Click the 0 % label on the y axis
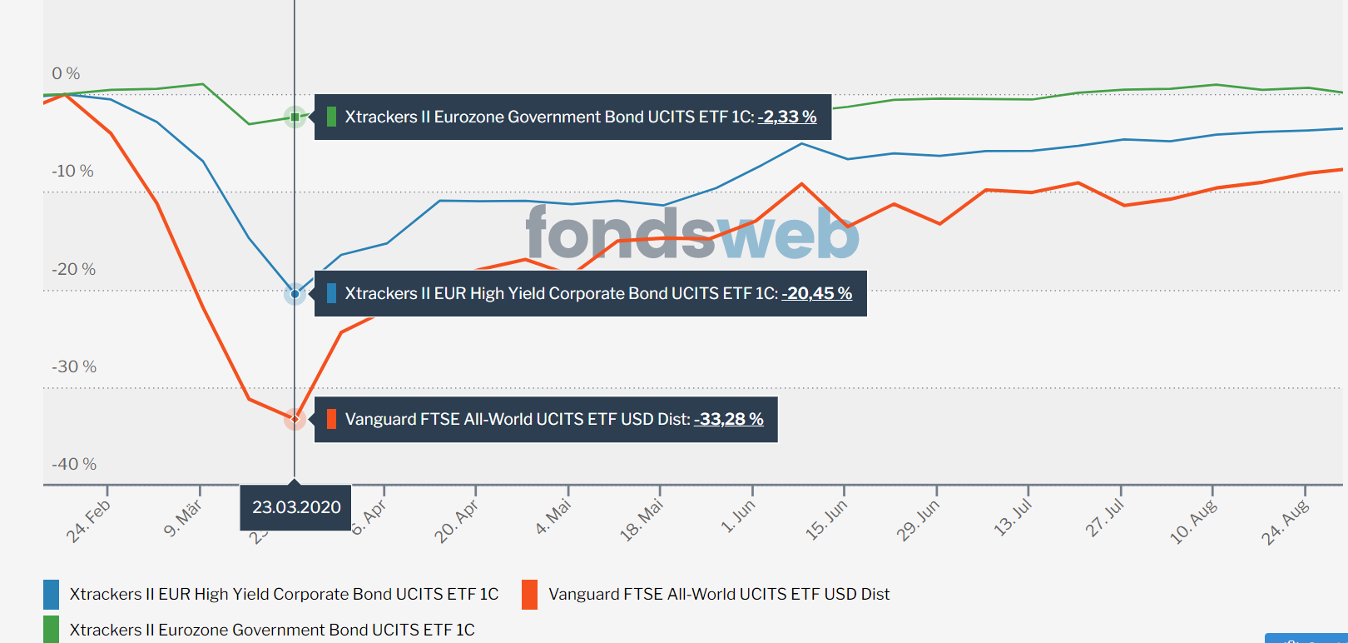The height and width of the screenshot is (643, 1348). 66,74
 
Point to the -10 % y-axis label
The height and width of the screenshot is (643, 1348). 72,172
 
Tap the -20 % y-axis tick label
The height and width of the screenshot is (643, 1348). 73,270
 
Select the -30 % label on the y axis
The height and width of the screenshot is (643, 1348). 74,367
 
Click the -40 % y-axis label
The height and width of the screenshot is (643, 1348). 74,465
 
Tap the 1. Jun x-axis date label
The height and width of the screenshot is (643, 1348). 738,517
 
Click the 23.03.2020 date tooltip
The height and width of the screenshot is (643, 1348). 296,507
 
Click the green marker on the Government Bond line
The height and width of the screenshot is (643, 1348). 295,117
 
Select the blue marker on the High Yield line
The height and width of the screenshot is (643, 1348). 295,293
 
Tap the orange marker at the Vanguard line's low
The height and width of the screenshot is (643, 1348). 295,418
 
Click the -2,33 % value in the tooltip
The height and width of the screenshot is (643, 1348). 786,117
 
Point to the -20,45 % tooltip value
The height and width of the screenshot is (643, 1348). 816,294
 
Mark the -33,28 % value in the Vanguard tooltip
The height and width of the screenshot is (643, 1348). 728,420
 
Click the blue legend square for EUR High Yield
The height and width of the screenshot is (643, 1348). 52,595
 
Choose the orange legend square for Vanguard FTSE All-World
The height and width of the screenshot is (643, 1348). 530,595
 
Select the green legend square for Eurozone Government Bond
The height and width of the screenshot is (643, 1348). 52,630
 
